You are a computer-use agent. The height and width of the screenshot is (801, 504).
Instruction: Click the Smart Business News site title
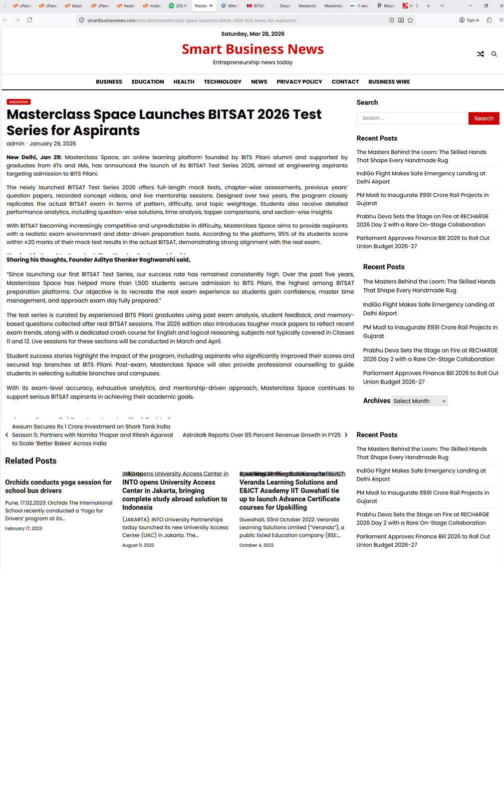[252, 49]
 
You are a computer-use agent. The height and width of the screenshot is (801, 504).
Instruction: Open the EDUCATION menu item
[148, 82]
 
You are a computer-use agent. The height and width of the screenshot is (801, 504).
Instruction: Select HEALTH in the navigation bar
[184, 82]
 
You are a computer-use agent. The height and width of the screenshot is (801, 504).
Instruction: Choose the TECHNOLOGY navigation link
[223, 82]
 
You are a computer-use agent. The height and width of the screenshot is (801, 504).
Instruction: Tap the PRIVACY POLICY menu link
[299, 82]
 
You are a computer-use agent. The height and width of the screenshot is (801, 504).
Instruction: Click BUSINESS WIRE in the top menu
[389, 82]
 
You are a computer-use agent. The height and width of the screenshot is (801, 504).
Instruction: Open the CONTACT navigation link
[345, 82]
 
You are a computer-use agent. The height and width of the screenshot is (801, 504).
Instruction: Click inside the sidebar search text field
[412, 118]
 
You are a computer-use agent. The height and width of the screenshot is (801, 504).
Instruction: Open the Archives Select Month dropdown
[419, 401]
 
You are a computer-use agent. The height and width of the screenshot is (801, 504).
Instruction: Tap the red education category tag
[18, 102]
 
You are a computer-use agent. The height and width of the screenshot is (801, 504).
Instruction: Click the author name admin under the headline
[15, 144]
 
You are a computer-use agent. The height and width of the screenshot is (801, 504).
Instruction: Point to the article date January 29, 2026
[53, 144]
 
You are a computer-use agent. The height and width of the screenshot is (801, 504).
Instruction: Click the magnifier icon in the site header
[494, 54]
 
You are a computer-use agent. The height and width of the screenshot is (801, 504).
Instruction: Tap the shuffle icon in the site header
[481, 54]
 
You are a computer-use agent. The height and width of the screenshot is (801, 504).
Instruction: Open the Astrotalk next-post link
[262, 435]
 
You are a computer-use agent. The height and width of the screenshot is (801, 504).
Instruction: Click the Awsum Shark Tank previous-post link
[92, 435]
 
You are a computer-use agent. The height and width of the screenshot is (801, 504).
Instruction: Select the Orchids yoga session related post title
[58, 486]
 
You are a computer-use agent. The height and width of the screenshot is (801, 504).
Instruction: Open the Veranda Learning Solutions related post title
[289, 495]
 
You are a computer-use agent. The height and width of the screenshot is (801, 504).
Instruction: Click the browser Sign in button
[469, 20]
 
